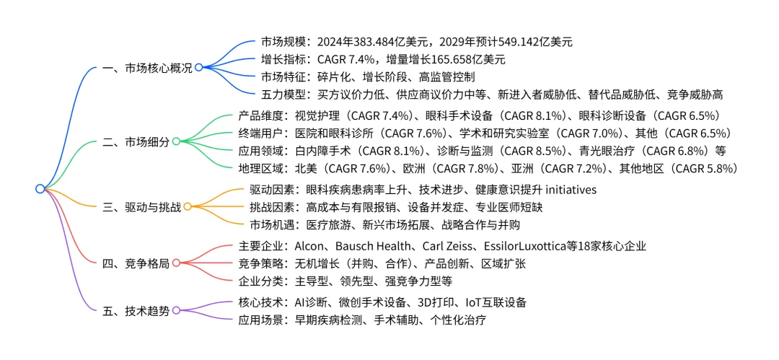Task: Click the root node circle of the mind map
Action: [x=40, y=189]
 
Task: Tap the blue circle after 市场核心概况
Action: [x=198, y=68]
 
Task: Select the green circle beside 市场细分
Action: [x=175, y=141]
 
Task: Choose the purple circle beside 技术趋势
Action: [x=175, y=310]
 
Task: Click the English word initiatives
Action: [x=570, y=189]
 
